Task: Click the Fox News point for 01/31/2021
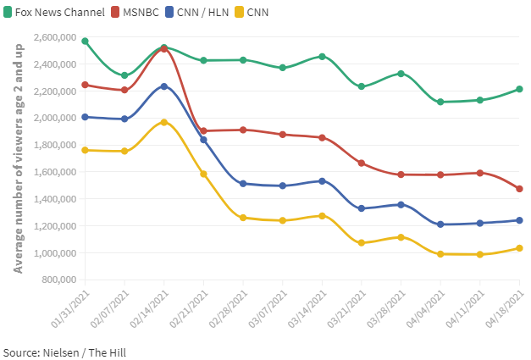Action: [86, 41]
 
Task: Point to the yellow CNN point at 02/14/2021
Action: [164, 122]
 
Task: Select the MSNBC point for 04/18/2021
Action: [519, 189]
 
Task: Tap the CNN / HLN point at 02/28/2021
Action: [243, 184]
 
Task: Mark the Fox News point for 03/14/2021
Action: [322, 57]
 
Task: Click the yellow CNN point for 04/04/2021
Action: [440, 253]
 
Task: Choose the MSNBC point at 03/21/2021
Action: [362, 163]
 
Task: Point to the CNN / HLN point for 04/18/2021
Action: [519, 220]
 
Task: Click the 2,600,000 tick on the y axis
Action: [54, 37]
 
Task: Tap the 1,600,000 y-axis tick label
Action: [54, 172]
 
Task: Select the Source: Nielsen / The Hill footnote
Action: [64, 351]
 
